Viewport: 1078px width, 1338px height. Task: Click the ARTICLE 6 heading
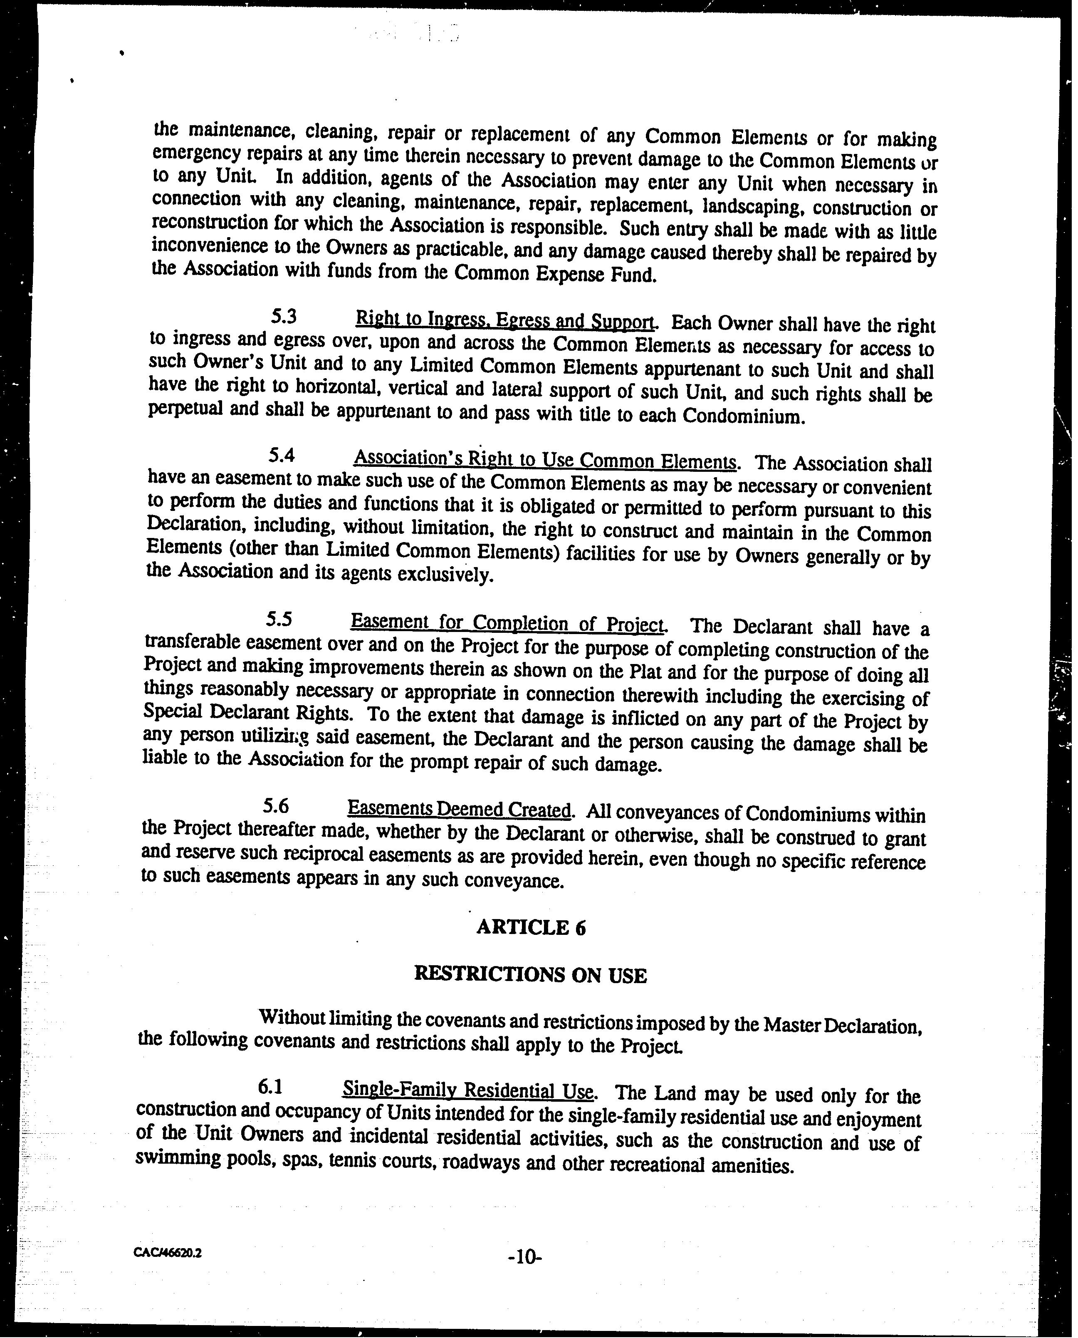tap(531, 927)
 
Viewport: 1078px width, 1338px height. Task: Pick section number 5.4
tap(281, 456)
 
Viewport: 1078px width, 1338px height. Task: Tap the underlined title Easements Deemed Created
tap(459, 809)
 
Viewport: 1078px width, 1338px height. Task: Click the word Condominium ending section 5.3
tap(743, 416)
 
